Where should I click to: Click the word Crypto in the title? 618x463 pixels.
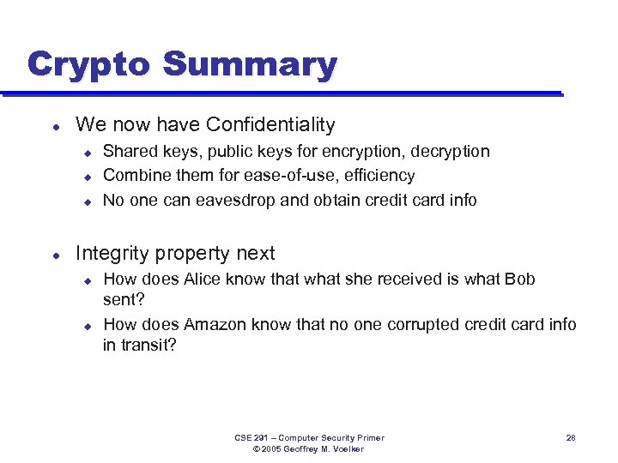pyautogui.click(x=88, y=65)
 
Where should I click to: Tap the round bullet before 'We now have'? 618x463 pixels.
pyautogui.click(x=56, y=126)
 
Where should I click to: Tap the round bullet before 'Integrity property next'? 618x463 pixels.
pyautogui.click(x=56, y=255)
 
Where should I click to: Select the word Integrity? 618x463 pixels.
pyautogui.click(x=110, y=254)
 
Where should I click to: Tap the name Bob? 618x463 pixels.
pyautogui.click(x=518, y=279)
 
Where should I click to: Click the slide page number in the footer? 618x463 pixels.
pyautogui.click(x=571, y=438)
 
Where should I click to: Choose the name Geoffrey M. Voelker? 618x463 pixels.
pyautogui.click(x=320, y=449)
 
